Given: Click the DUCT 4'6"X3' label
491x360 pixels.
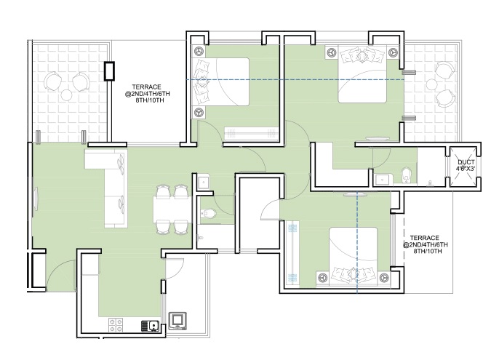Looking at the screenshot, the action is coord(466,165).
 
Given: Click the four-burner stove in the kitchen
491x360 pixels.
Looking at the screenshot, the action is coord(116,325).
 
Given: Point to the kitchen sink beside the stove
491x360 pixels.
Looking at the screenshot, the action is coord(150,326).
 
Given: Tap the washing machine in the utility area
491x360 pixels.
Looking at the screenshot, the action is coord(177,321).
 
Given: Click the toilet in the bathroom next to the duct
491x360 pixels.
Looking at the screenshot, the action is coord(406,176).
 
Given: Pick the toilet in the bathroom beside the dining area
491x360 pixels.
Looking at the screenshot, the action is coord(208,213).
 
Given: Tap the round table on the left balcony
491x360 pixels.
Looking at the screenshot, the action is coord(67,95).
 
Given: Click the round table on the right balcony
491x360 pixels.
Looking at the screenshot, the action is coord(431,84).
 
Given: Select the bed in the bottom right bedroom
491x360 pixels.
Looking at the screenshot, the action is coord(354,257).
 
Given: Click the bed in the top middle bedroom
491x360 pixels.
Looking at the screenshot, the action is coord(222,81).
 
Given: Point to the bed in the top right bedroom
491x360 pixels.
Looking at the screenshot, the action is coord(362,75).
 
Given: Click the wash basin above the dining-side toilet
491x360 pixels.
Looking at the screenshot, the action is coord(204,183).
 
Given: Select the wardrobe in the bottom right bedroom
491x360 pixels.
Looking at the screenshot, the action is coord(292,252).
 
